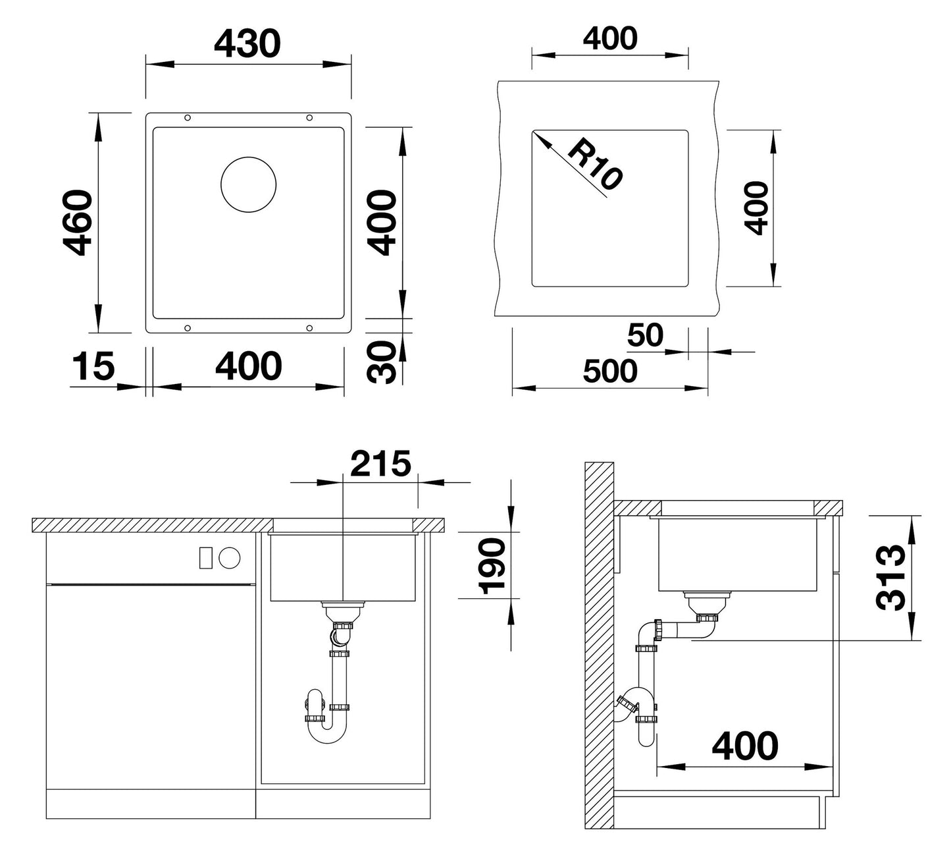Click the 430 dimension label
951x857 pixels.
247,43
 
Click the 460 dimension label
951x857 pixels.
78,223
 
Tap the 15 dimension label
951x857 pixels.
93,366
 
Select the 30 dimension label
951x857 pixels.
382,362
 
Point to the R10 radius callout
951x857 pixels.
594,164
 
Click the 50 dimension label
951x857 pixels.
645,335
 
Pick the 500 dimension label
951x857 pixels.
610,371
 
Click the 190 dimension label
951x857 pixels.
492,567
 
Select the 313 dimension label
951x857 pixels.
890,578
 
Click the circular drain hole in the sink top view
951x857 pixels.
248,184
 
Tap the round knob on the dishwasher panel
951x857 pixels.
230,557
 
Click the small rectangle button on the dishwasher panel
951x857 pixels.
206,557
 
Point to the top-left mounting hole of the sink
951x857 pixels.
188,118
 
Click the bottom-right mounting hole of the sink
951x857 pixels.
309,328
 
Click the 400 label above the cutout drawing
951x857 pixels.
610,38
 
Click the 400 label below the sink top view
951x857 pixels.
249,366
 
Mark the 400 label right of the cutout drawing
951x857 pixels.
756,208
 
